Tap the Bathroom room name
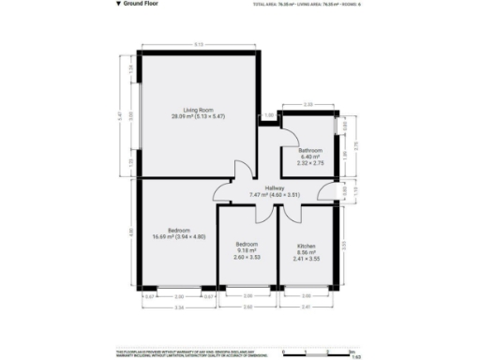coord(310,150)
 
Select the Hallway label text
coord(274,188)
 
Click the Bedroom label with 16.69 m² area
coord(179,230)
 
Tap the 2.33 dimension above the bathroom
coord(309,105)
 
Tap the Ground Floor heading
coord(139,5)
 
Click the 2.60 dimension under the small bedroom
coord(247,307)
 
